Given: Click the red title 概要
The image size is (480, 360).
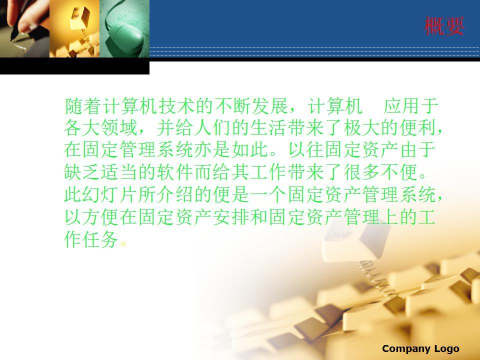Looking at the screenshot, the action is click(444, 26).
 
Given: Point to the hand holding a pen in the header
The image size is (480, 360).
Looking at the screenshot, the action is click(21, 18).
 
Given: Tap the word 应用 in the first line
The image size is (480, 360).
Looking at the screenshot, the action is click(401, 106).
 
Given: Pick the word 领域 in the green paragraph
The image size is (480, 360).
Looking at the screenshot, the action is click(119, 127).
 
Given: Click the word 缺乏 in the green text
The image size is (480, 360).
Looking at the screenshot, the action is click(82, 171).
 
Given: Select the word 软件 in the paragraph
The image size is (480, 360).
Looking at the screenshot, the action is click(176, 171).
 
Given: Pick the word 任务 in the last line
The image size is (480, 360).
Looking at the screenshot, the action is click(101, 239).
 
